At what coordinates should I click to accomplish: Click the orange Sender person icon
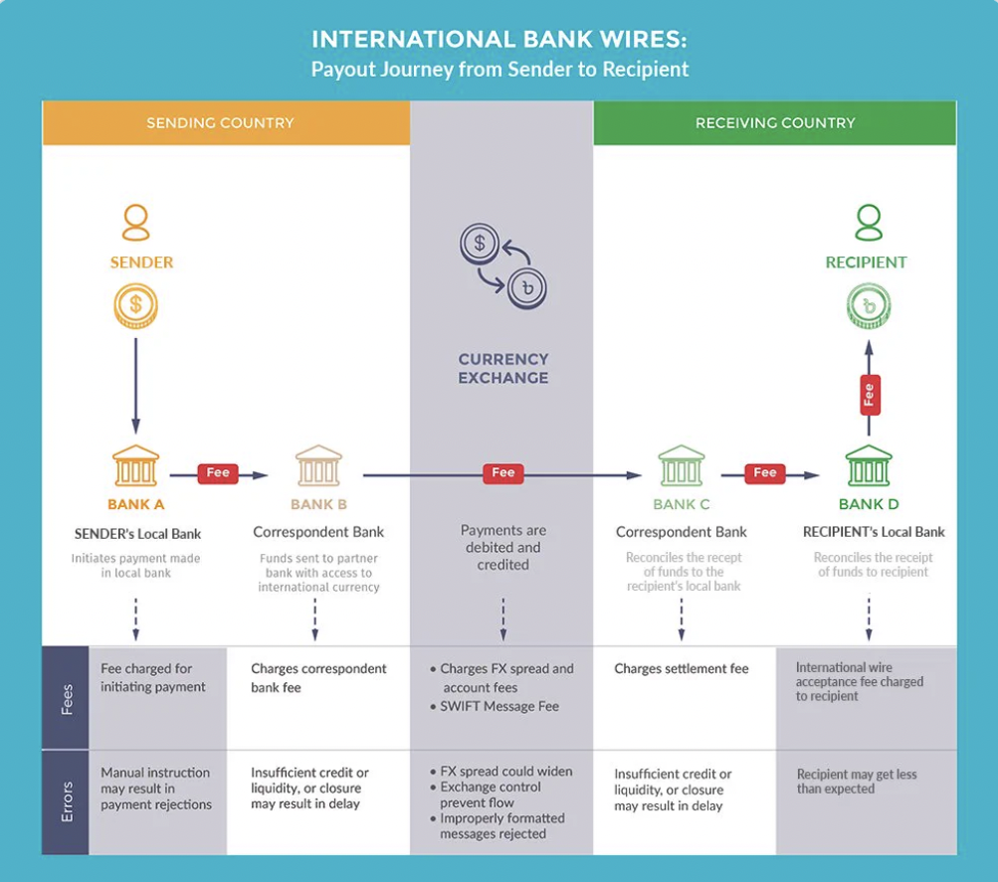(135, 223)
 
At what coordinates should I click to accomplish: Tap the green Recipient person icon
(868, 223)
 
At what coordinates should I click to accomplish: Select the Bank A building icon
(135, 465)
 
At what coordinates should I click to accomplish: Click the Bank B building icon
(318, 465)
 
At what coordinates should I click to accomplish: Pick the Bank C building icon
(682, 465)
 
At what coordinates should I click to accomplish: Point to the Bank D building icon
(868, 465)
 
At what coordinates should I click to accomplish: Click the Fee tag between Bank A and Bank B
(218, 473)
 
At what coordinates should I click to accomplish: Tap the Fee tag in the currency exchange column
(503, 473)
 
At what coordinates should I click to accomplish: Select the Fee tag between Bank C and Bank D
(764, 473)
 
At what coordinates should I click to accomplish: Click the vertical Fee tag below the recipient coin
(868, 394)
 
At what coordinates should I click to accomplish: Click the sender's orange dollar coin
(135, 304)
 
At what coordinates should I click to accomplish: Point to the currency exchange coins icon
(502, 265)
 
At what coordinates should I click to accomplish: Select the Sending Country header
(221, 123)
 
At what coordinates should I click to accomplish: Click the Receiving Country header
(774, 123)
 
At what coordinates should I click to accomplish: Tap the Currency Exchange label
(502, 368)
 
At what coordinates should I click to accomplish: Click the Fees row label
(67, 698)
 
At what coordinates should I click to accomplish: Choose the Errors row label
(67, 801)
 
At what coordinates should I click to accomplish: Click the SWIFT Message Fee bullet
(499, 706)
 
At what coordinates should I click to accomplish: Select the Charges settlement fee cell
(682, 669)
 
